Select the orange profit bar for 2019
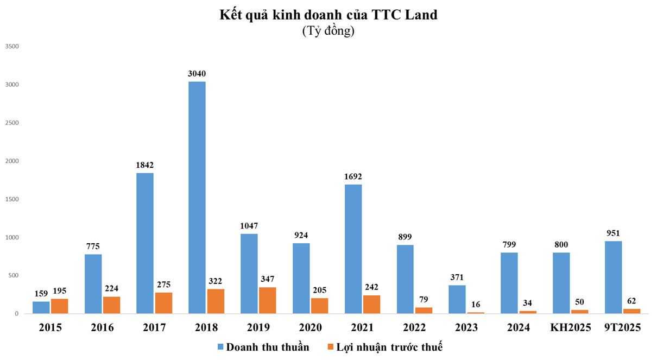[267, 300]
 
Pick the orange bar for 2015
[59, 306]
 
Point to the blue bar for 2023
[457, 299]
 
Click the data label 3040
[197, 74]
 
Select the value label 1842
[145, 165]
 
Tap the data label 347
[267, 279]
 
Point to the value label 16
[476, 305]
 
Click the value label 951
[613, 233]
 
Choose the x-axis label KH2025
[570, 327]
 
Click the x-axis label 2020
[311, 327]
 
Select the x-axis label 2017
[154, 327]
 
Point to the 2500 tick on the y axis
[11, 123]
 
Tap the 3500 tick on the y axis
[11, 47]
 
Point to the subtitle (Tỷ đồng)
[328, 31]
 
